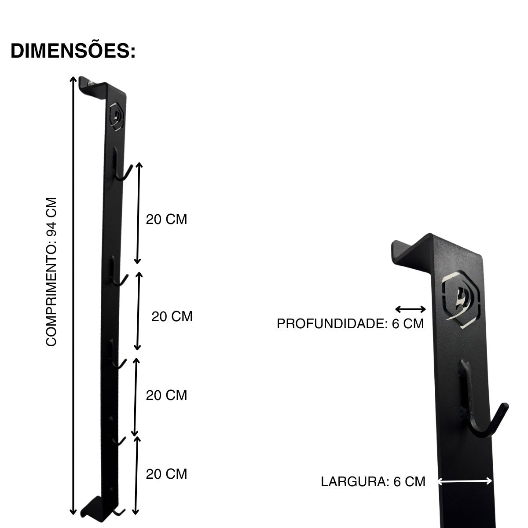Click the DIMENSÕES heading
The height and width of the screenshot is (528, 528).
pyautogui.click(x=73, y=51)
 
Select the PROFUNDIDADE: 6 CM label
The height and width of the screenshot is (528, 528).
pyautogui.click(x=350, y=324)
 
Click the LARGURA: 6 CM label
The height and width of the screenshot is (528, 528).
pyautogui.click(x=373, y=481)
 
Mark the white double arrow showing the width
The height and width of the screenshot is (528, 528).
pyautogui.click(x=465, y=481)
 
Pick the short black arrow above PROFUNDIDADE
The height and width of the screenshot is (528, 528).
pyautogui.click(x=411, y=309)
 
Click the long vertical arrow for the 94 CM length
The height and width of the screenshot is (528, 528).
pyautogui.click(x=73, y=295)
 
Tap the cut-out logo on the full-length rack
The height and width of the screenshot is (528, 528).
pyautogui.click(x=117, y=117)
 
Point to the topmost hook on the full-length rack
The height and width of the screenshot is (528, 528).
pyautogui.click(x=121, y=169)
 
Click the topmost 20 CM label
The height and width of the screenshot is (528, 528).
pyautogui.click(x=166, y=219)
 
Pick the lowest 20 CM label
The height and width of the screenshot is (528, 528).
pyautogui.click(x=166, y=474)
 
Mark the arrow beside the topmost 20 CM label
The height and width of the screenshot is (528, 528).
pyautogui.click(x=139, y=213)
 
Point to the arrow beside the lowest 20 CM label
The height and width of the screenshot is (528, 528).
pyautogui.click(x=136, y=475)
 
